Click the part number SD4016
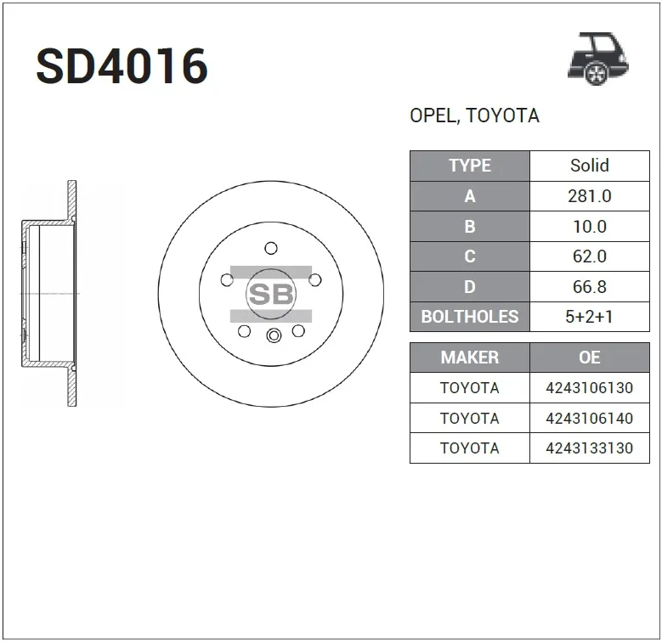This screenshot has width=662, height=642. point(122,66)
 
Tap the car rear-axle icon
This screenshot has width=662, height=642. point(597,59)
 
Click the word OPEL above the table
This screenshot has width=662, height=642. point(434,115)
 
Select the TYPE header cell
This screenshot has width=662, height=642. point(470,166)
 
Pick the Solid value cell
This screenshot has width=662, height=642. point(590,166)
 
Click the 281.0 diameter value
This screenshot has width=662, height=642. point(590,196)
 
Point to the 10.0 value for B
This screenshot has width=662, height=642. point(590,227)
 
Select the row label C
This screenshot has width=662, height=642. point(470,256)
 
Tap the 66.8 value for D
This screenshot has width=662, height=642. point(590,287)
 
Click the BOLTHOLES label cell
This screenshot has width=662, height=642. point(470,317)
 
